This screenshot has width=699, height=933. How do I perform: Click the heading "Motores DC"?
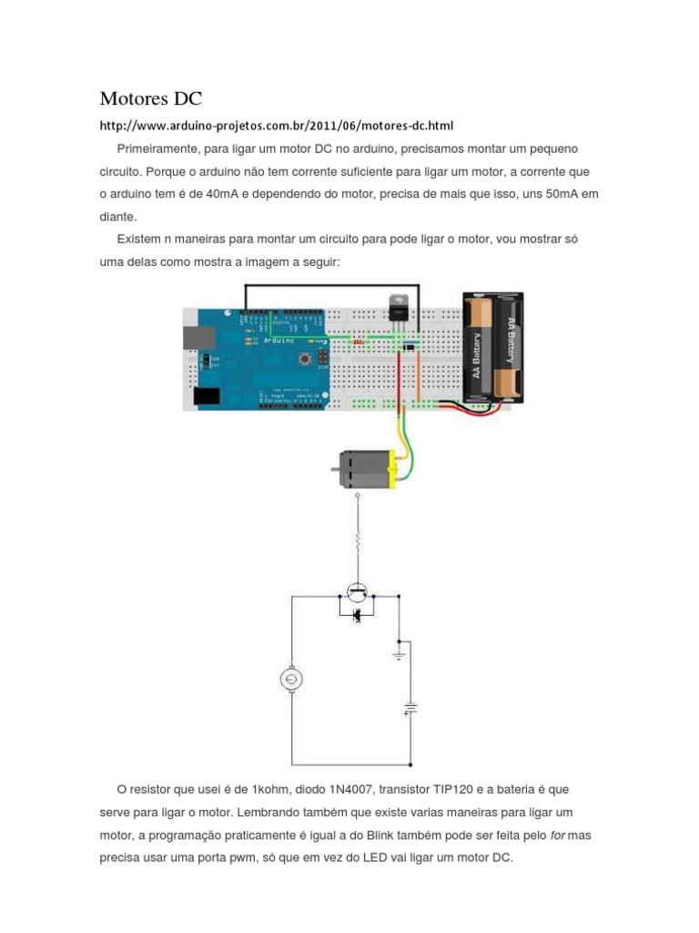click(150, 98)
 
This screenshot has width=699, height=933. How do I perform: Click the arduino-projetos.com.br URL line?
click(276, 125)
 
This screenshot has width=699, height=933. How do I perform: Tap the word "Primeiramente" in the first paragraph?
click(158, 148)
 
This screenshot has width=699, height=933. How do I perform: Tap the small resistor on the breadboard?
click(359, 342)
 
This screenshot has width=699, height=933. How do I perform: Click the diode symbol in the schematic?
click(358, 617)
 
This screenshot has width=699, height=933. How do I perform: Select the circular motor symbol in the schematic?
click(291, 680)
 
